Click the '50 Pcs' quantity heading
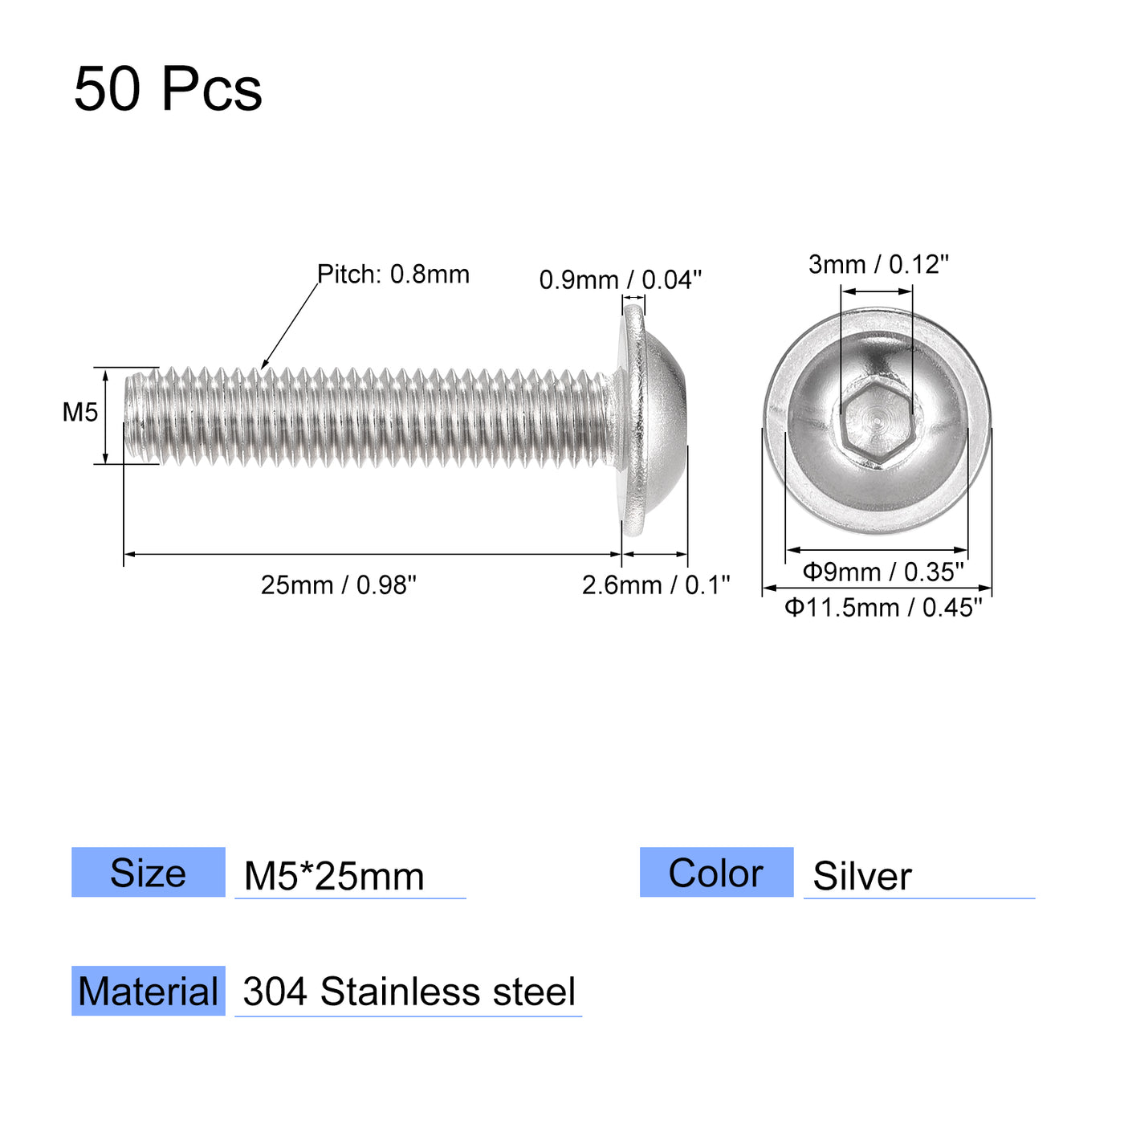168,88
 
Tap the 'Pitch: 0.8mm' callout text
393,275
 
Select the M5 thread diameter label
80,413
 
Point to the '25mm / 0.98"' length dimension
339,585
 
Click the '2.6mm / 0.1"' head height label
656,585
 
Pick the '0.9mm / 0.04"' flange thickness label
620,280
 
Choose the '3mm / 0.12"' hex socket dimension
878,264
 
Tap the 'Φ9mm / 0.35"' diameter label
882,572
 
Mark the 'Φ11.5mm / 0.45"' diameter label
883,608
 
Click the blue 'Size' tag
149,873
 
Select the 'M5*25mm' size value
334,876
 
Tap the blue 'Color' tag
716,873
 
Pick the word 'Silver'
862,876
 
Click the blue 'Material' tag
149,992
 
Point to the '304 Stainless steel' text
409,992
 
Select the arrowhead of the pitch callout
264,366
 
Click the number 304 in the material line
275,992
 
